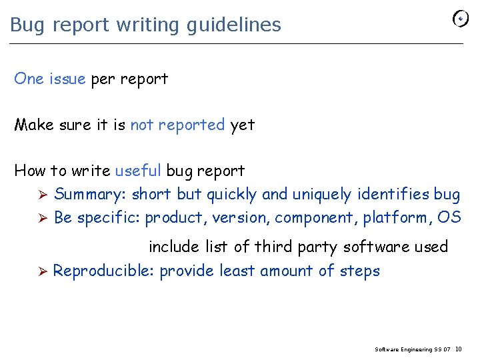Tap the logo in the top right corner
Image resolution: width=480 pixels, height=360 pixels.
461,19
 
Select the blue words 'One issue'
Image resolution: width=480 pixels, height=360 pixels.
50,79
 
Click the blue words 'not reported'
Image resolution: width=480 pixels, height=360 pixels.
177,125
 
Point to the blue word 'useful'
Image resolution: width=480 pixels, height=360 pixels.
138,171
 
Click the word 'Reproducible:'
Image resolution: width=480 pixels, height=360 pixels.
104,271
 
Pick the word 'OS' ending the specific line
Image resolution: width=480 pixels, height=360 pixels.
449,217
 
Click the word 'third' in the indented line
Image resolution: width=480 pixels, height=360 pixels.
270,247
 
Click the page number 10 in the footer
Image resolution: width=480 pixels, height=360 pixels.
459,349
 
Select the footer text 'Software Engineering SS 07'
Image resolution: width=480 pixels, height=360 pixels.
413,349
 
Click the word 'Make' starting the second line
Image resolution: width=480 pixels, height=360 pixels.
34,125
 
